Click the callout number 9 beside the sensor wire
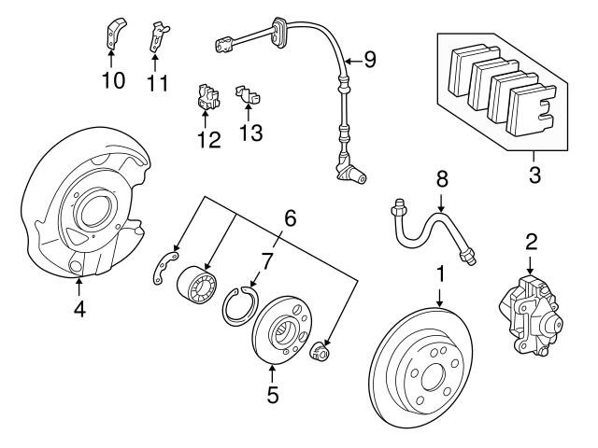[370, 61]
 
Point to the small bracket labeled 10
[112, 35]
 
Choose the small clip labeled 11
[159, 37]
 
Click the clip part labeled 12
[208, 98]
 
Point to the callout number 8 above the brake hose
[442, 179]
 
